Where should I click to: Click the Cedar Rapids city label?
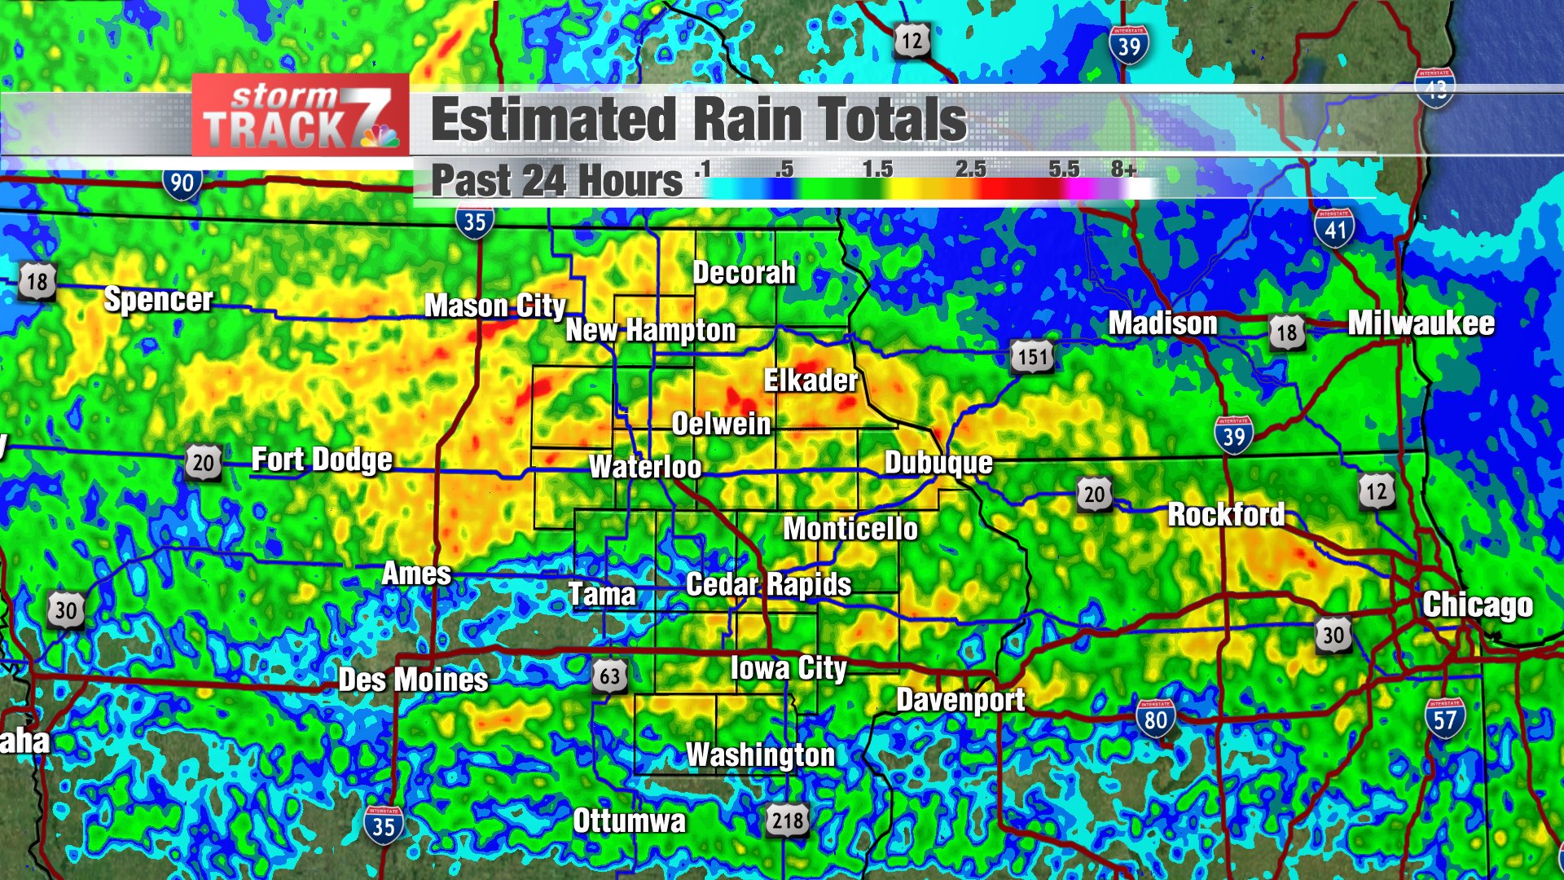pyautogui.click(x=768, y=584)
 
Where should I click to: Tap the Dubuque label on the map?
pyautogui.click(x=938, y=463)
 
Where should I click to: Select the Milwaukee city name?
pyautogui.click(x=1421, y=323)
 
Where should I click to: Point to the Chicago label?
pyautogui.click(x=1477, y=605)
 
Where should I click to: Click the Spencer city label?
pyautogui.click(x=158, y=300)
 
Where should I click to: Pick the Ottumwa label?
pyautogui.click(x=629, y=821)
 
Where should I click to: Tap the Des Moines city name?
pyautogui.click(x=413, y=680)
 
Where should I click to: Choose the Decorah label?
pyautogui.click(x=744, y=273)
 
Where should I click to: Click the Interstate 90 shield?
pyautogui.click(x=182, y=183)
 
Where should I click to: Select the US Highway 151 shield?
pyautogui.click(x=1032, y=357)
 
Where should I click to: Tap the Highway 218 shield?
pyautogui.click(x=788, y=820)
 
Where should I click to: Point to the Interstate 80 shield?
pyautogui.click(x=1155, y=719)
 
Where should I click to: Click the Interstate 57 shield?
pyautogui.click(x=1444, y=719)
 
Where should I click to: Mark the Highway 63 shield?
pyautogui.click(x=610, y=675)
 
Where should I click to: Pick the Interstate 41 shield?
pyautogui.click(x=1334, y=229)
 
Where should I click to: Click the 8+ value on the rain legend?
pyautogui.click(x=1123, y=169)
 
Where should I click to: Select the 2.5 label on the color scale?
pyautogui.click(x=970, y=169)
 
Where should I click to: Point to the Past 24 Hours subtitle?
pyautogui.click(x=556, y=180)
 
